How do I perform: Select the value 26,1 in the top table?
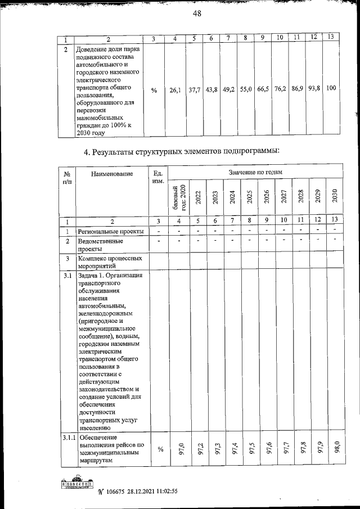175,89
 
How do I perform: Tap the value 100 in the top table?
331,88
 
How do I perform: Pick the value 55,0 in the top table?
246,89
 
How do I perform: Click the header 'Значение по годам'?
255,172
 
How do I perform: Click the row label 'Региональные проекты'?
110,231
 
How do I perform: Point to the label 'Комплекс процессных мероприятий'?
107,263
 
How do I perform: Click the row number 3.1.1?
67,437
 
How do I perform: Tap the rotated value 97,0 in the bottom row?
181,449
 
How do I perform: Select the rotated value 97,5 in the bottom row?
251,449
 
